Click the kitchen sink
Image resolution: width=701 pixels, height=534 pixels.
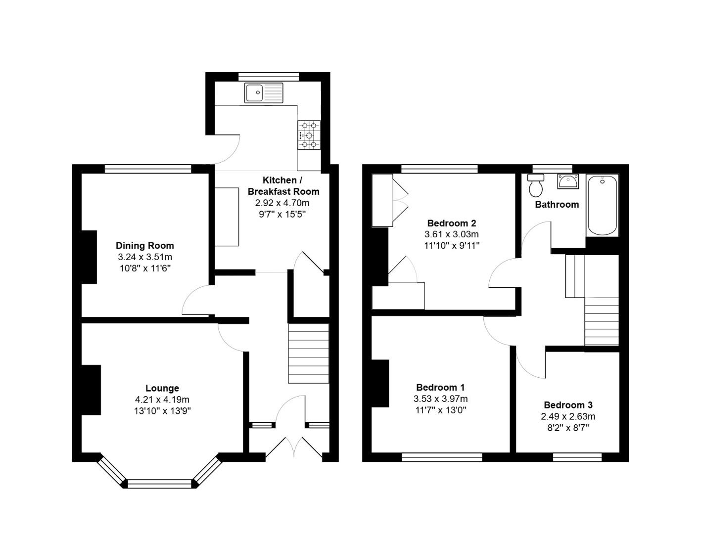click(x=264, y=93)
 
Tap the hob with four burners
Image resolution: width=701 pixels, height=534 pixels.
click(x=309, y=135)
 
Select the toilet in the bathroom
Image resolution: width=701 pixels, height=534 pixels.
click(x=535, y=185)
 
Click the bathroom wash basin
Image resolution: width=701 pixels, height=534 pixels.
click(x=568, y=181)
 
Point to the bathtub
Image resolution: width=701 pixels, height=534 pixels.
click(x=602, y=205)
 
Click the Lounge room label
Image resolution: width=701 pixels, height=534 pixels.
click(x=162, y=388)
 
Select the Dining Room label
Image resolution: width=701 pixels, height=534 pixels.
click(x=145, y=245)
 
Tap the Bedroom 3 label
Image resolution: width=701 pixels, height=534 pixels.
click(x=568, y=405)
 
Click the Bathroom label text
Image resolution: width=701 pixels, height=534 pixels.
click(x=557, y=204)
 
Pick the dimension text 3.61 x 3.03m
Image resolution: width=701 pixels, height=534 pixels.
click(x=451, y=234)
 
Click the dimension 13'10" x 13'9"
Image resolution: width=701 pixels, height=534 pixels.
click(x=162, y=410)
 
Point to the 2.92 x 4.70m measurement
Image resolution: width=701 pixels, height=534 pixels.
click(x=282, y=203)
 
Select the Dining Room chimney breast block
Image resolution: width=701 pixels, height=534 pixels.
click(x=89, y=257)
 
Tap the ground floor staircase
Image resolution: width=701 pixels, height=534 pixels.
click(x=309, y=353)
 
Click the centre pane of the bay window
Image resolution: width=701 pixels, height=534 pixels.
click(x=159, y=484)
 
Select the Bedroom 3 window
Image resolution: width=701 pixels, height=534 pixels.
click(x=577, y=457)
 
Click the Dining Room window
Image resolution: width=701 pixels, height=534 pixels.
click(x=148, y=169)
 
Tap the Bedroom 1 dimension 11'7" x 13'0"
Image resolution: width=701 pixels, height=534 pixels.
click(x=440, y=410)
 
